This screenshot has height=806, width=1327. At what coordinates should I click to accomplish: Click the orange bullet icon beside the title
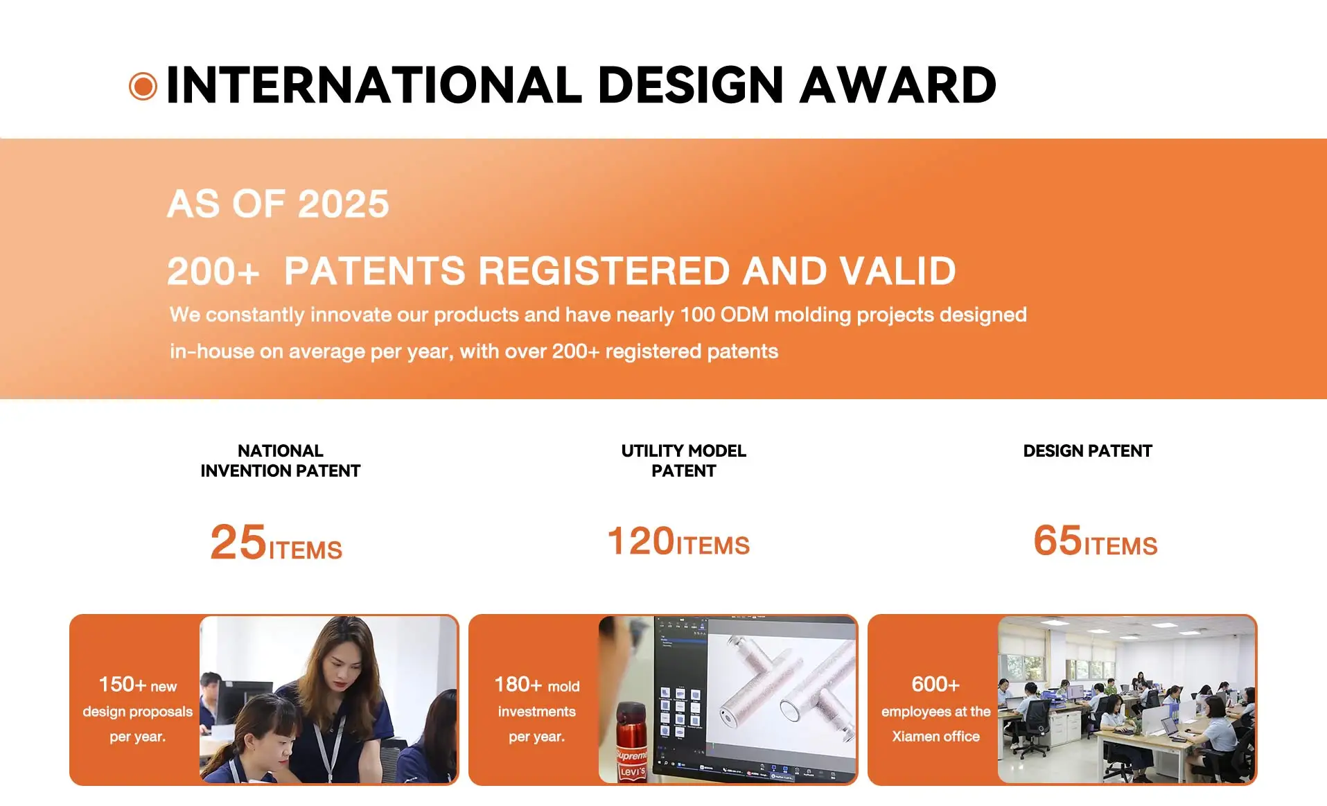click(x=143, y=87)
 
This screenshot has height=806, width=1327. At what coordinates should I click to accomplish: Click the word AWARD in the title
click(x=897, y=85)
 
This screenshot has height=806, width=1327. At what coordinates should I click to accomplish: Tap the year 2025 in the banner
click(x=344, y=204)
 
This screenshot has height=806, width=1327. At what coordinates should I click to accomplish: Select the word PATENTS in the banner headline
click(x=375, y=270)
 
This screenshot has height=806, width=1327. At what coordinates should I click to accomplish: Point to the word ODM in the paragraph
click(x=744, y=315)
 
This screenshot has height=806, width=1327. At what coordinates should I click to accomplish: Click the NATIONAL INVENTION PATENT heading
click(x=281, y=461)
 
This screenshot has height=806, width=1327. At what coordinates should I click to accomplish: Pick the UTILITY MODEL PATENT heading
click(x=683, y=461)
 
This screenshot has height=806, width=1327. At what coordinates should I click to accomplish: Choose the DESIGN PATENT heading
click(x=1087, y=451)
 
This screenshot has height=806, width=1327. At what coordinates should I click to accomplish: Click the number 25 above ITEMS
click(x=238, y=542)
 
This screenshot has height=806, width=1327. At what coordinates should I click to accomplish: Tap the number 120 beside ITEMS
click(x=641, y=541)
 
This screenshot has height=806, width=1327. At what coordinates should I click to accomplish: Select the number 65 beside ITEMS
click(x=1057, y=541)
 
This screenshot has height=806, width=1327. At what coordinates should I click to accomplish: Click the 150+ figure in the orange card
click(x=123, y=685)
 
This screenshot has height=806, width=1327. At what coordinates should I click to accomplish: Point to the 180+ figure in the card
click(x=518, y=685)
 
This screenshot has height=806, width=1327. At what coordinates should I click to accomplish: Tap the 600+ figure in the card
click(x=935, y=685)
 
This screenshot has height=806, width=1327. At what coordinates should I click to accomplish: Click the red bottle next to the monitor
click(x=631, y=742)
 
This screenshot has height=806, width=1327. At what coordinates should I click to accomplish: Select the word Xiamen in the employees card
click(x=914, y=737)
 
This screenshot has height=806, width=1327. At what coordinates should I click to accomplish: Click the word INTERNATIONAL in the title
click(x=374, y=85)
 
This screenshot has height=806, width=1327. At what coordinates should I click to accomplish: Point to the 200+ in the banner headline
click(x=213, y=272)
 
